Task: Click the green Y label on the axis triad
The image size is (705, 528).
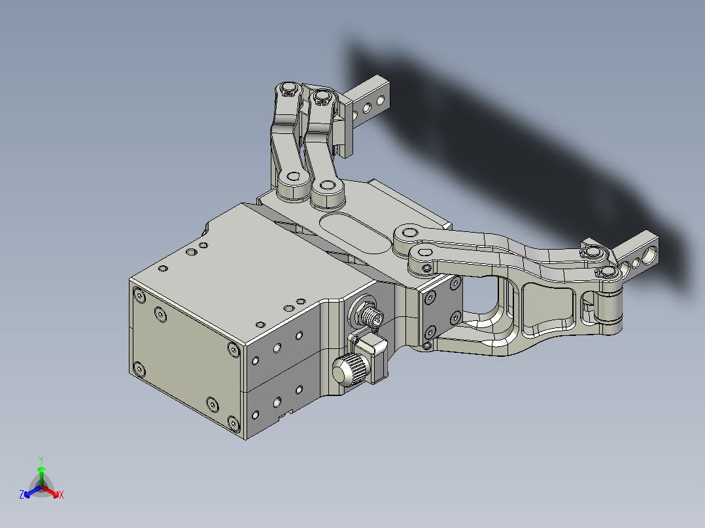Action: pos(41,459)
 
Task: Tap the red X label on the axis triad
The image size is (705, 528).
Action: pos(61,495)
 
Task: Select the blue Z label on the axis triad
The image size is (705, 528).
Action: pos(22,495)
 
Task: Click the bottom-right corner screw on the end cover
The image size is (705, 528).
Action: pos(233,424)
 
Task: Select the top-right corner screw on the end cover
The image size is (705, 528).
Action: pos(233,350)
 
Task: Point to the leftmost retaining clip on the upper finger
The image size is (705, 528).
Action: pos(286,88)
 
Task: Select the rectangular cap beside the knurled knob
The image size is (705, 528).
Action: pos(372,353)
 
